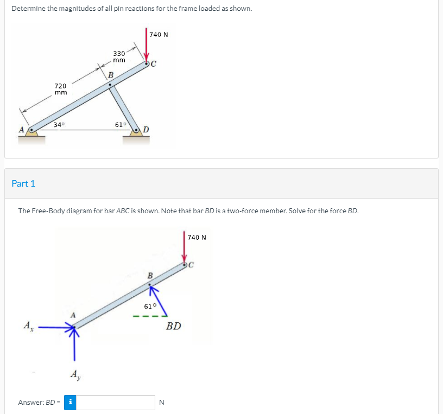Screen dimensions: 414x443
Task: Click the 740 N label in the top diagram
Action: (159, 34)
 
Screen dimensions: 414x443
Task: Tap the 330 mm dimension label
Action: (119, 56)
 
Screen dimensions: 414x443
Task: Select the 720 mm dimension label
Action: (60, 89)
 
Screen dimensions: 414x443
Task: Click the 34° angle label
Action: (59, 125)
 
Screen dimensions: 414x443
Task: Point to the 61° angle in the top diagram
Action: (121, 125)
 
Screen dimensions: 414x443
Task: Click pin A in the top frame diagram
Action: (33, 130)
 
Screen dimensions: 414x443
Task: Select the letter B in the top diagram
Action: (110, 74)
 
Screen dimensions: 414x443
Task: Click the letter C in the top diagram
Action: (154, 64)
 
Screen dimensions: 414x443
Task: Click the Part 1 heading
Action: (23, 183)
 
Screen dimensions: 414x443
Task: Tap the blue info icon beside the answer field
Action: (70, 402)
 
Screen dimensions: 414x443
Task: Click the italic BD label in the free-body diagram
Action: (174, 326)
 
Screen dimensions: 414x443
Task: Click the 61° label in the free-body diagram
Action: (150, 306)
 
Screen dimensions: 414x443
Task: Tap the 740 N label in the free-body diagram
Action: (197, 237)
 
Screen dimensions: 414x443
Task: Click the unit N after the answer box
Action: (161, 402)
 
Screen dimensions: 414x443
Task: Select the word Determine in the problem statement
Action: (28, 9)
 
